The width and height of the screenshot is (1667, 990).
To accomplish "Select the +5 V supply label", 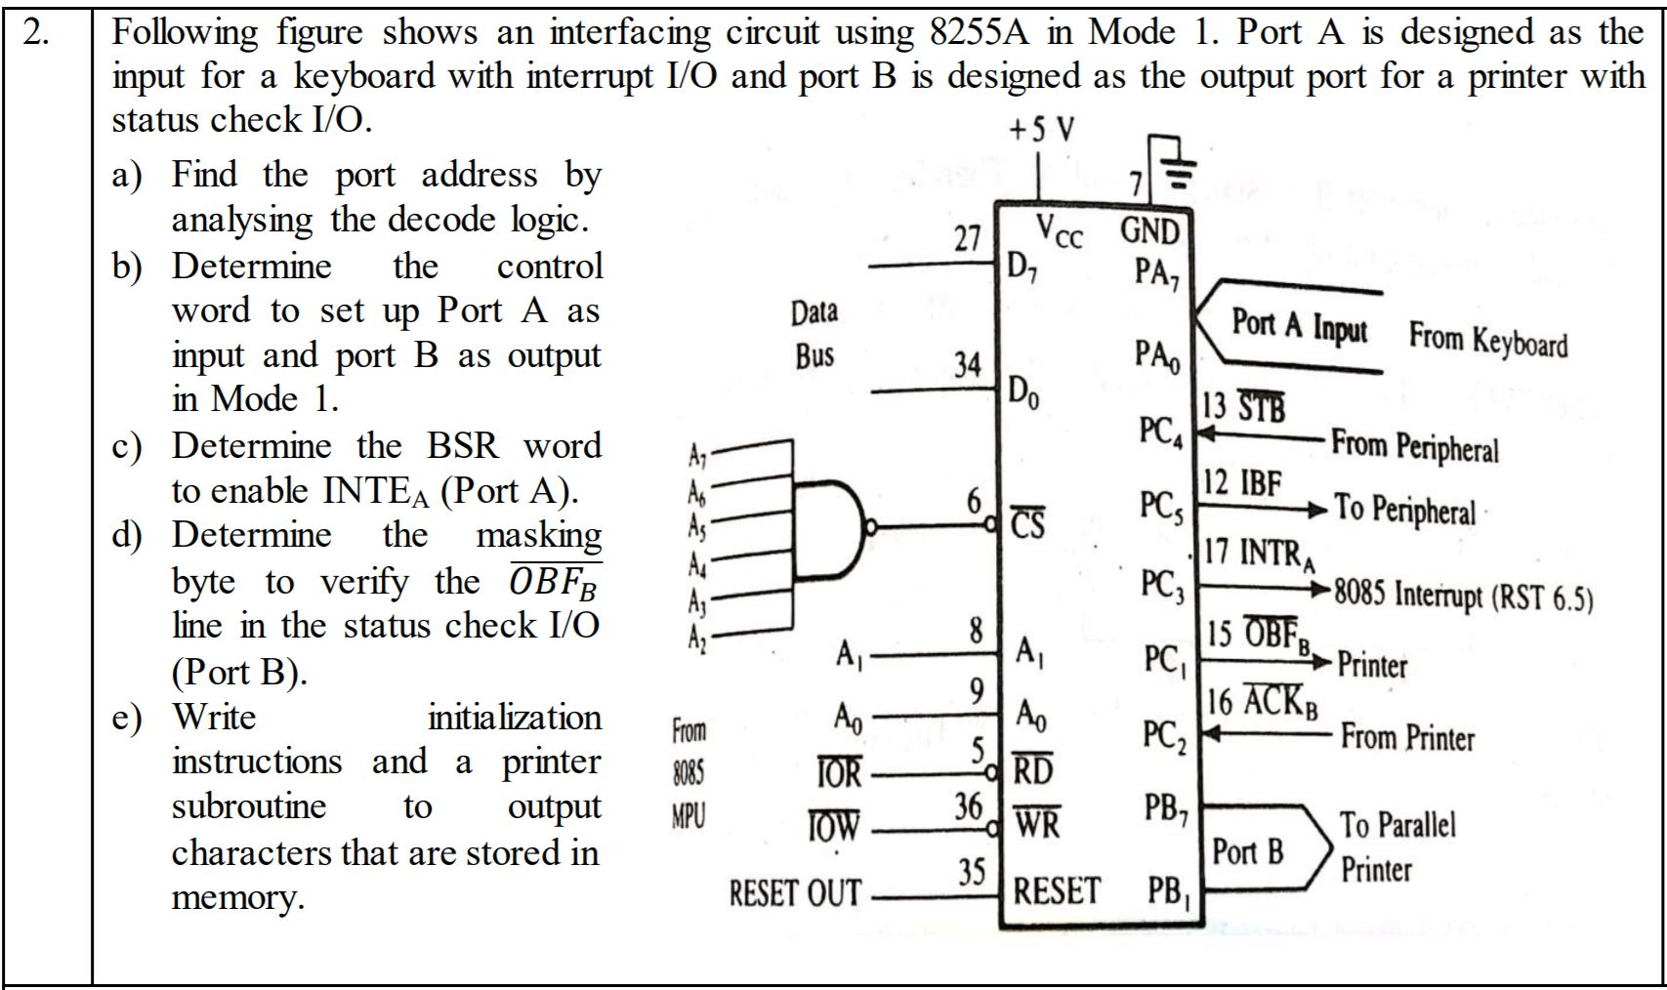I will click(1042, 129).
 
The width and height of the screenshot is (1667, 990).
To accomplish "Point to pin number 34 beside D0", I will click(967, 365).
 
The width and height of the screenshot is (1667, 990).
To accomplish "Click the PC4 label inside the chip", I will click(1160, 431).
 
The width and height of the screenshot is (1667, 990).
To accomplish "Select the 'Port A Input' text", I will click(1298, 324).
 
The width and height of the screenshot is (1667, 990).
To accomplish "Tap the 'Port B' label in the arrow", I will click(1247, 851).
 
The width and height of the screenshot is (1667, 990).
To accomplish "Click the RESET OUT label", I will click(796, 892).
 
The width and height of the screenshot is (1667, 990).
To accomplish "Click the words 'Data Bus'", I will click(813, 334).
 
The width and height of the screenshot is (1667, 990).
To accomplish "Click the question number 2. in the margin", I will click(38, 33).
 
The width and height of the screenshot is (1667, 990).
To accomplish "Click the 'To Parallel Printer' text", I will click(1396, 846).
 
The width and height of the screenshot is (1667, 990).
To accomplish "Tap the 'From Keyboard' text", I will click(1487, 341).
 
